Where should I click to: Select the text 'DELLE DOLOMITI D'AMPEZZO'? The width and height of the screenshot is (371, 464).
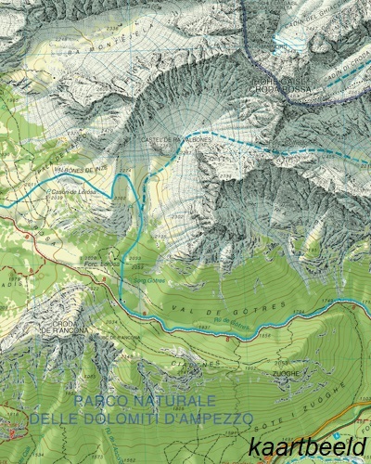click(141, 419)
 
